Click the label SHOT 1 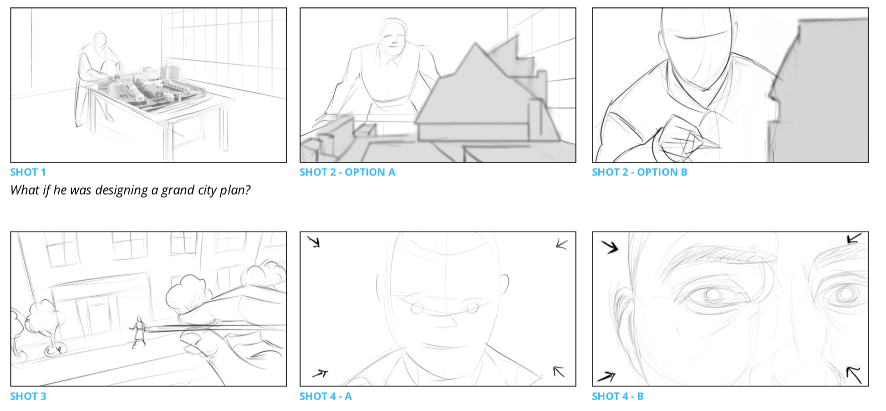28,172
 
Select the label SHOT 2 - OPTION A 347,172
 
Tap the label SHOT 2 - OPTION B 639,172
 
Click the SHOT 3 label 28,396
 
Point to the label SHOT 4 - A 326,396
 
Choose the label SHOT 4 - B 617,396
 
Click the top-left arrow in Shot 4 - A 314,241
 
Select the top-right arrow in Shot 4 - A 562,245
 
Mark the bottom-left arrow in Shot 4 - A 320,374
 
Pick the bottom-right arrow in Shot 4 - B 854,375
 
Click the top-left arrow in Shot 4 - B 610,247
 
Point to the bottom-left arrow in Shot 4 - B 606,377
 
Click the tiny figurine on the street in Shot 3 138,332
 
